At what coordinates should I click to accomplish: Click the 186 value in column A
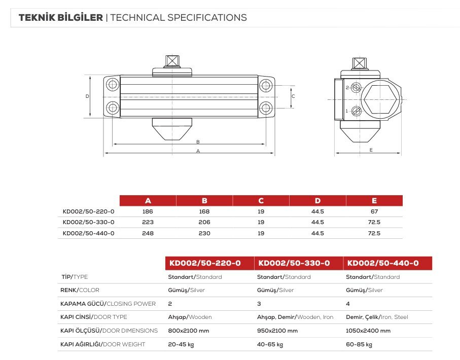coord(148,211)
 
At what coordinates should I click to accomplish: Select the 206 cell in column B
coord(204,223)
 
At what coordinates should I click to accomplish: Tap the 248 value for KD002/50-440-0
coord(148,233)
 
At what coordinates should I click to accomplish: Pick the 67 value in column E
coord(374,211)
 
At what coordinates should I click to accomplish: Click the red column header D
coord(317,201)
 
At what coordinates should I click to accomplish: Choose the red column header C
coord(261,201)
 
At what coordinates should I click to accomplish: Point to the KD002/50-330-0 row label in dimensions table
coord(88,223)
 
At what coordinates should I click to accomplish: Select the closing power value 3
coord(259,304)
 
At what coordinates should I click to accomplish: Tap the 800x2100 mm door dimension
coord(188,331)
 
